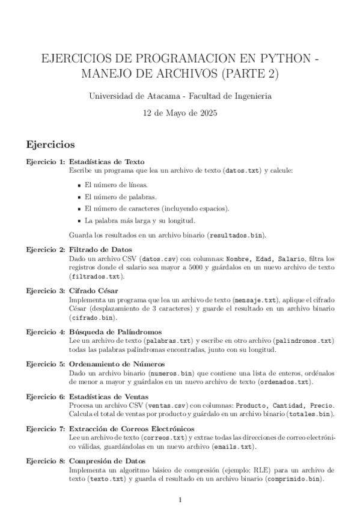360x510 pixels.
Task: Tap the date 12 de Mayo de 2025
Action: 180,112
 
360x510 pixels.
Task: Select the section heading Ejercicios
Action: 50,145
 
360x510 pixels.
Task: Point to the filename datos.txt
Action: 243,171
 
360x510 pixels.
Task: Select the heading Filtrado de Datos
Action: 100,250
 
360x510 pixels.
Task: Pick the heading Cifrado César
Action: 93,290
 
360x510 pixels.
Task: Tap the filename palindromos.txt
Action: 301,341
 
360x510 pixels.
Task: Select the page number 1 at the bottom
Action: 180,500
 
